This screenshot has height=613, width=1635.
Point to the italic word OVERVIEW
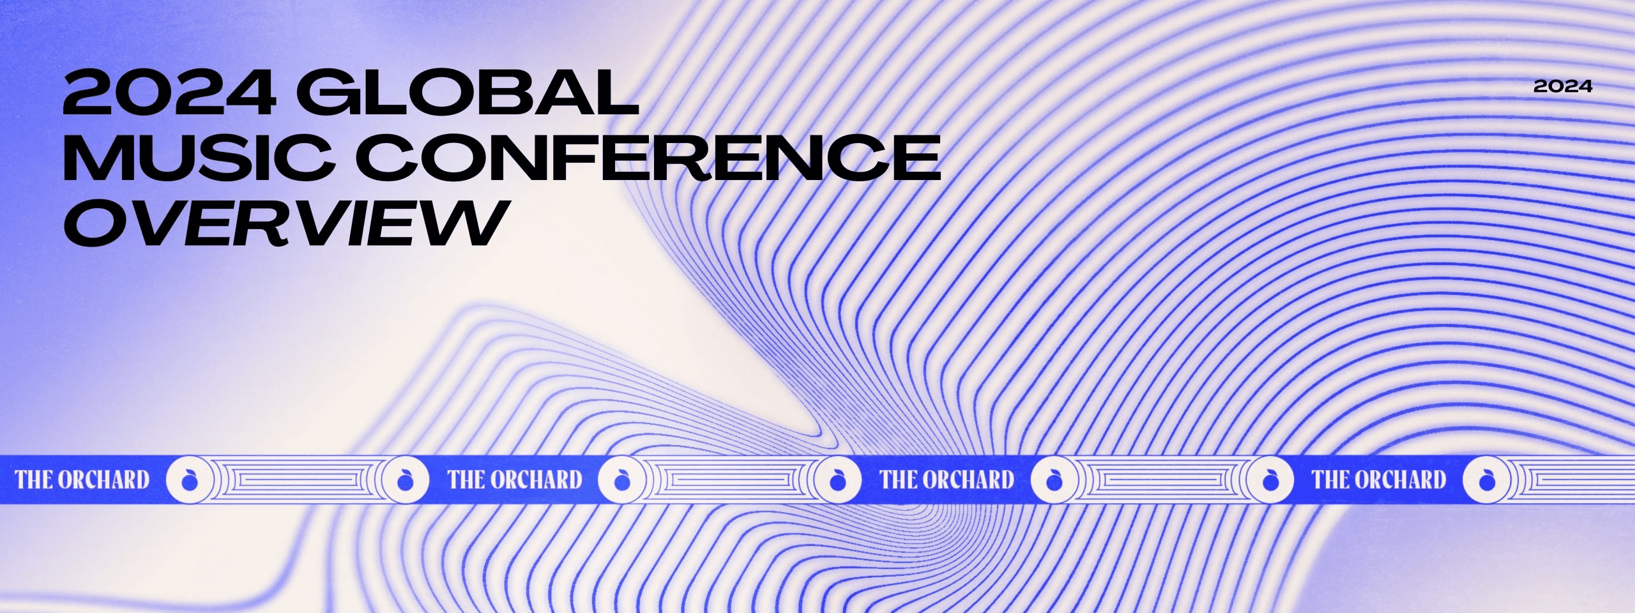point(283,222)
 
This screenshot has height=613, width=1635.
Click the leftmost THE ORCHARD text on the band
point(82,480)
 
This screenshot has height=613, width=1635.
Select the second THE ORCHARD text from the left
point(515,480)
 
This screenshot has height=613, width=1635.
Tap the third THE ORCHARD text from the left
point(947,480)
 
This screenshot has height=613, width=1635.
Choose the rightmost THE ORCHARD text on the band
point(1380,480)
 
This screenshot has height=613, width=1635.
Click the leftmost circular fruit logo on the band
point(189,480)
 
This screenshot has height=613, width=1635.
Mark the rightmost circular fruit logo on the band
point(1486,480)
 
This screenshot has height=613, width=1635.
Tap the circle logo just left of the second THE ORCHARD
point(405,480)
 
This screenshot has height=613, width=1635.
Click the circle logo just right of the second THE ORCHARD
point(621,480)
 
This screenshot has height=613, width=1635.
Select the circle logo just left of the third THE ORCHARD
point(837,480)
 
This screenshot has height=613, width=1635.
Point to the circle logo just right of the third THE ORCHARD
point(1054,480)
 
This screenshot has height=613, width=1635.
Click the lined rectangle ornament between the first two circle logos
point(297,480)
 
